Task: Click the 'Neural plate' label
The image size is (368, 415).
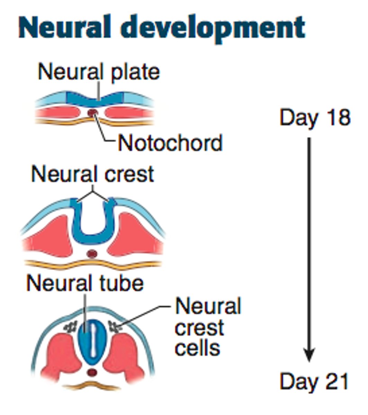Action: pyautogui.click(x=99, y=72)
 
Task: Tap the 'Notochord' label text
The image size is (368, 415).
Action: pyautogui.click(x=170, y=143)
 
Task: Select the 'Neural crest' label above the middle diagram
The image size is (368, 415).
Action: pyautogui.click(x=92, y=174)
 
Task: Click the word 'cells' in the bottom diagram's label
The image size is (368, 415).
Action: pyautogui.click(x=197, y=347)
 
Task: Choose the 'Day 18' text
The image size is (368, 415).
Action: pyautogui.click(x=315, y=118)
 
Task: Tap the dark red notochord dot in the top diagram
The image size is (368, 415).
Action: pyautogui.click(x=92, y=112)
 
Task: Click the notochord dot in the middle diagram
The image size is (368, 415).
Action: pyautogui.click(x=92, y=254)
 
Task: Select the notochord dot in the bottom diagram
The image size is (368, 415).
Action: pyautogui.click(x=92, y=373)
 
